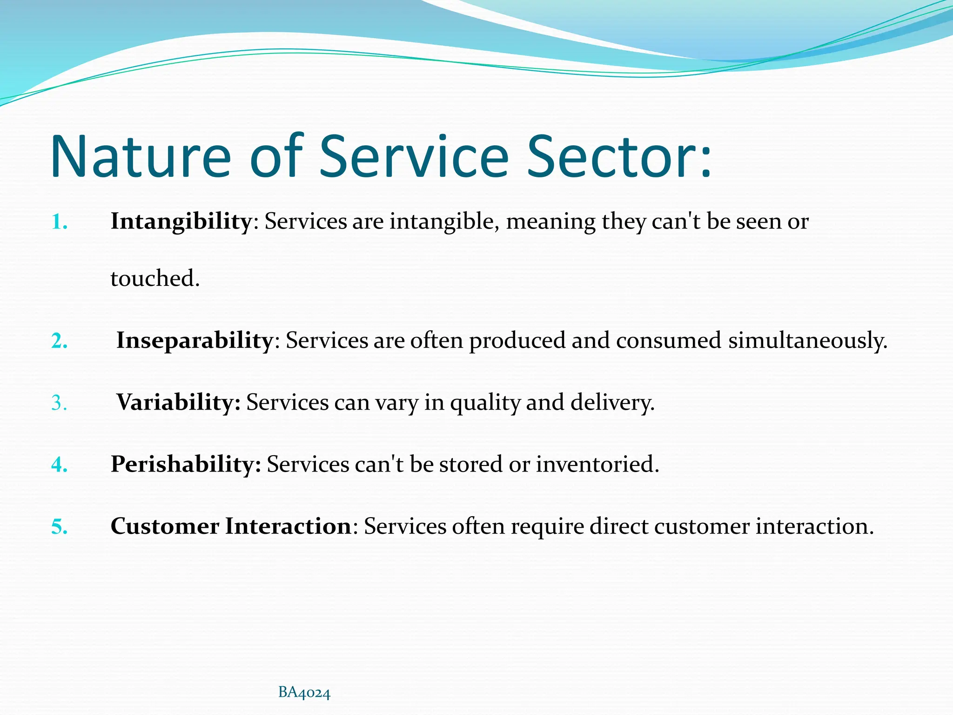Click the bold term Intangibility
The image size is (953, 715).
[x=181, y=221]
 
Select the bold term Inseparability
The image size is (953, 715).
[x=195, y=340]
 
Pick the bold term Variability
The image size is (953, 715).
[x=178, y=402]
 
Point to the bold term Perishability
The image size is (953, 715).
[x=186, y=464]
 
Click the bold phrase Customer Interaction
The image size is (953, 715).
[x=231, y=526]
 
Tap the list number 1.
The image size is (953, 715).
[x=59, y=222]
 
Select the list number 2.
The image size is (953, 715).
[x=59, y=341]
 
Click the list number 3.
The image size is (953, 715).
[x=59, y=403]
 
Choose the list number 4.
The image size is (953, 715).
[x=59, y=465]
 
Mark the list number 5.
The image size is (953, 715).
[x=59, y=527]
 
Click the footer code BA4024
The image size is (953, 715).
[x=304, y=693]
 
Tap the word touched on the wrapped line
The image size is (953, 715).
[x=154, y=278]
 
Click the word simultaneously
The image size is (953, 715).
[x=807, y=340]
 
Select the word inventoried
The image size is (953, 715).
[x=597, y=464]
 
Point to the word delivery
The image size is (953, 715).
[x=612, y=402]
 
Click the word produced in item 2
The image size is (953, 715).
[x=517, y=340]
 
